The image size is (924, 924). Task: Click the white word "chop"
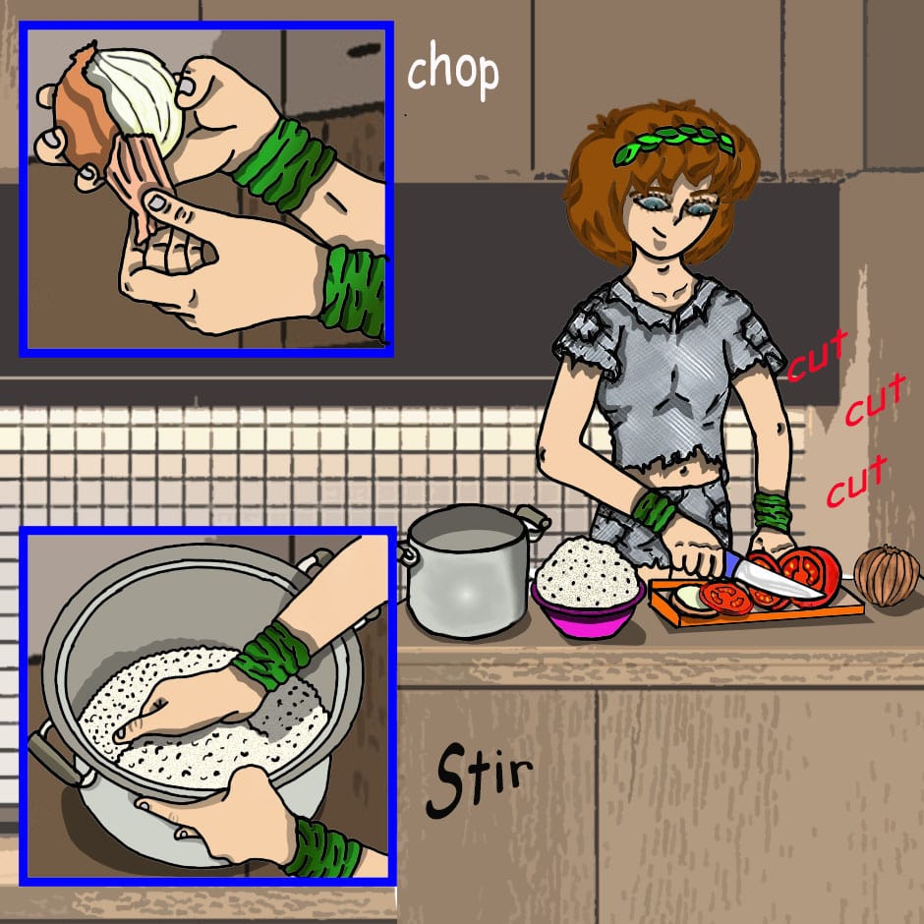(x=452, y=71)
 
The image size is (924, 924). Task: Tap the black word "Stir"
(x=479, y=780)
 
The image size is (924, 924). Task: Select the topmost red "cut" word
(x=818, y=356)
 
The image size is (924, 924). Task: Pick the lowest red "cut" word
(x=855, y=481)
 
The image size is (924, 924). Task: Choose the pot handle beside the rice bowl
(x=534, y=519)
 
